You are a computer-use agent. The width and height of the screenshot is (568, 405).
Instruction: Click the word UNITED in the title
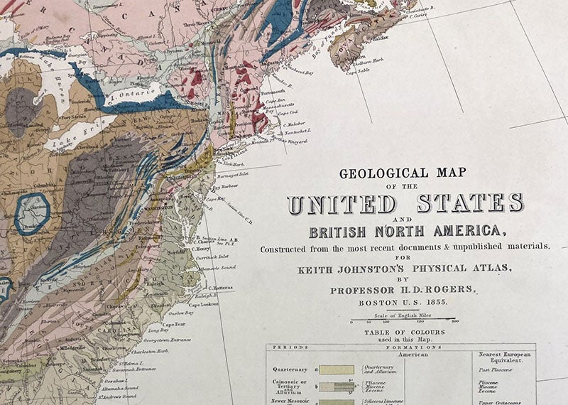[342, 204]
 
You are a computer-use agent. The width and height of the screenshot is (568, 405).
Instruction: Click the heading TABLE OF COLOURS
[405, 333]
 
